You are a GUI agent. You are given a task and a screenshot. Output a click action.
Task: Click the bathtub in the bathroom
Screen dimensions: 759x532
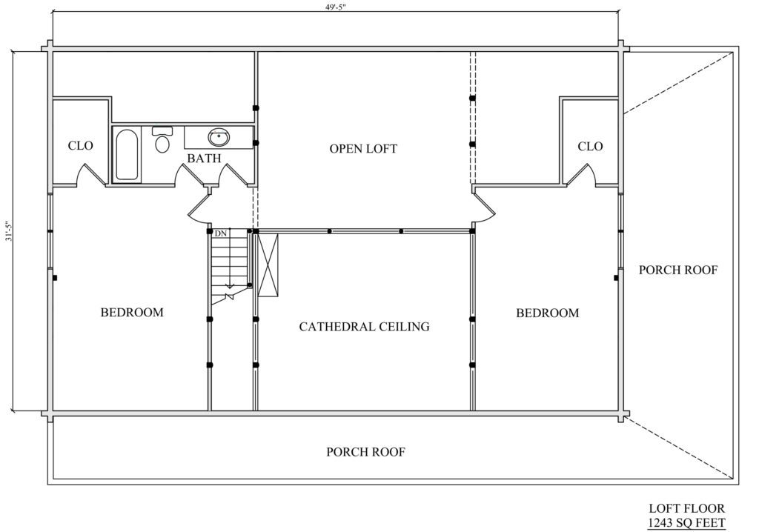pos(127,154)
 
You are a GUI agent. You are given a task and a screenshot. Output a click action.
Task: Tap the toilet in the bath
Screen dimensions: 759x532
pos(162,139)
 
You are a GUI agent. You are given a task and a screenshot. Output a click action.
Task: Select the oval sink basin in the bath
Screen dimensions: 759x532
pos(219,138)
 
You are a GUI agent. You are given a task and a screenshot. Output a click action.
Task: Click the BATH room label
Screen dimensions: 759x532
pos(205,159)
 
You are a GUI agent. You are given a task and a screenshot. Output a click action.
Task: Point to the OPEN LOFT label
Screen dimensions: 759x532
pos(363,149)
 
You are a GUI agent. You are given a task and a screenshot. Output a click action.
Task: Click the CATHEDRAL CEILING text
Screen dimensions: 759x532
pos(364,327)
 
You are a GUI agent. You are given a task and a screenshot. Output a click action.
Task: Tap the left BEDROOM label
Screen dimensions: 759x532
pos(132,312)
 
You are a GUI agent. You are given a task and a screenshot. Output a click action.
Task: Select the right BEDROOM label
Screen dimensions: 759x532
pos(547,313)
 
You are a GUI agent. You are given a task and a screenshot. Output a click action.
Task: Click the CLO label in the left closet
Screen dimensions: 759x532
pos(80,146)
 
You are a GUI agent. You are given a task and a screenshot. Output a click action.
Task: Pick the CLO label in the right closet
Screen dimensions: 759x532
pos(590,146)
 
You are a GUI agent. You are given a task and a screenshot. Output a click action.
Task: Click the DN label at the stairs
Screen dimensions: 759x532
pos(221,233)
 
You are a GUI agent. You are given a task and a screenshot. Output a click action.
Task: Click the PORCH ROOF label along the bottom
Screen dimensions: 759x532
pos(365,452)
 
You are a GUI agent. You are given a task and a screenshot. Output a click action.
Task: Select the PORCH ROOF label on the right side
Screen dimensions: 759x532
pos(677,270)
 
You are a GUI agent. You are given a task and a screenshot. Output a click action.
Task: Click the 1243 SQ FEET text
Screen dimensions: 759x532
pos(687,523)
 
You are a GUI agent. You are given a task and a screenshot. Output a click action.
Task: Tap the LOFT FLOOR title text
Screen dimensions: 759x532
pos(687,509)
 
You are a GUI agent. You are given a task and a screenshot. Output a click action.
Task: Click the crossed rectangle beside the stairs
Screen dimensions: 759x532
pos(268,265)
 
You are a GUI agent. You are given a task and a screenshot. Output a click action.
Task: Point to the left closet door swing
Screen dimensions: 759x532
pos(90,175)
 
